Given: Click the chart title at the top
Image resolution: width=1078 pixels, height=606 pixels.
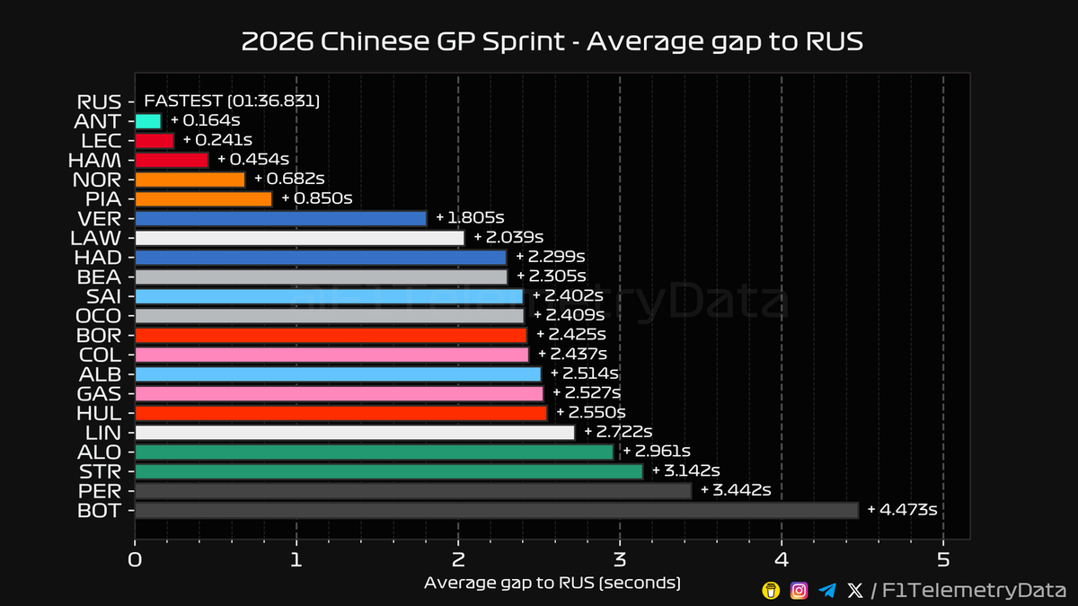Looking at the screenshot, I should (552, 42).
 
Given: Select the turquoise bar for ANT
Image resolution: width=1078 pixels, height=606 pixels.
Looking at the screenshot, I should (147, 120).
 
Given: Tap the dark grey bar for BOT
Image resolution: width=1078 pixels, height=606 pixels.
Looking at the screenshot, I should (496, 511).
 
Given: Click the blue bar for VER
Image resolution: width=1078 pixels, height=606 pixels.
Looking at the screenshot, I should (280, 218).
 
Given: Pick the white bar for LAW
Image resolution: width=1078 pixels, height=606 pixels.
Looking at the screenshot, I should (299, 238).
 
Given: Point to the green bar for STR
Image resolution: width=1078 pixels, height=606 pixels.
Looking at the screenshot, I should (388, 471).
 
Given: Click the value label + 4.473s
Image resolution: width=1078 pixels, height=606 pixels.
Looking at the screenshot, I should (902, 510).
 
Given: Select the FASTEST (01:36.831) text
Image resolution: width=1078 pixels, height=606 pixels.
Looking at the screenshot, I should (232, 101).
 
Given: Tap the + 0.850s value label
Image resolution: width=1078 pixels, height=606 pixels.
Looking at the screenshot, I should (316, 198).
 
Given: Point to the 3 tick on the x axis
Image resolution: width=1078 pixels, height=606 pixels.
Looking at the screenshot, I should (620, 560).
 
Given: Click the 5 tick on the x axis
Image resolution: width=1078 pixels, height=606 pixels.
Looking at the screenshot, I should (943, 560).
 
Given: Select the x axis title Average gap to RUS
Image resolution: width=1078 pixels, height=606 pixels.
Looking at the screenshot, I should (552, 584).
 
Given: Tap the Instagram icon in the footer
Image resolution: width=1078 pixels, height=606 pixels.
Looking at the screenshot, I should (799, 590).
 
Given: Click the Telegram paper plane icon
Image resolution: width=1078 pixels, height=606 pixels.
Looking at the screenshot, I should (827, 590).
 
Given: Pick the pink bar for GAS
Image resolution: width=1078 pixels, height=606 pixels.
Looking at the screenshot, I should (339, 393).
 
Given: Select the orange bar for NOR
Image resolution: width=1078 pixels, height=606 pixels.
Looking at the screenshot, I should (190, 180).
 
